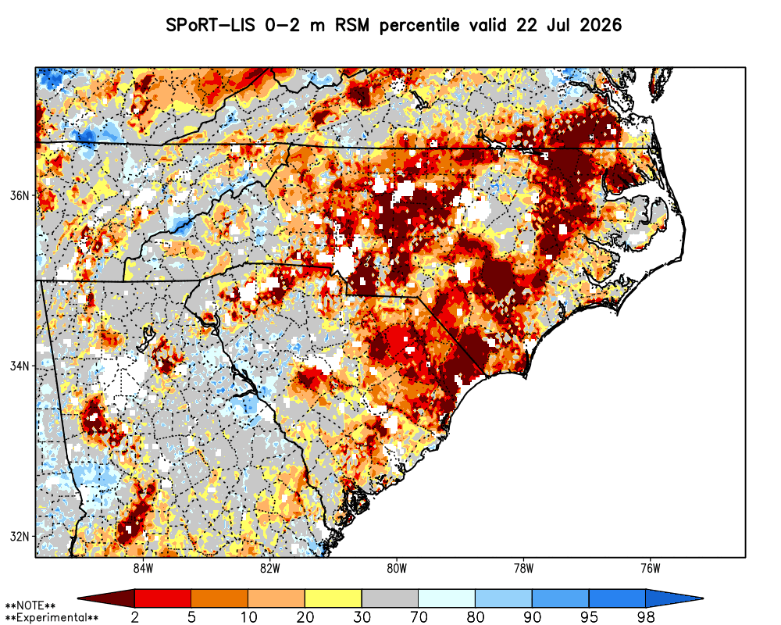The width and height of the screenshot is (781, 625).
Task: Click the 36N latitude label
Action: (x=20, y=195)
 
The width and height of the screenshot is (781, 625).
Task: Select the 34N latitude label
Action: (x=20, y=366)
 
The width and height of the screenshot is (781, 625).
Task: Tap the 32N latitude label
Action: (x=20, y=537)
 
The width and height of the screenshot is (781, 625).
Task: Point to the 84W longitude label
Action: (x=143, y=569)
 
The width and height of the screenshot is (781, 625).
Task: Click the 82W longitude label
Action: (x=270, y=569)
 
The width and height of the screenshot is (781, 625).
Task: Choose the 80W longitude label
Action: (x=397, y=569)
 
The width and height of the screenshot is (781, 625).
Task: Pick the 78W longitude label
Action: (x=523, y=569)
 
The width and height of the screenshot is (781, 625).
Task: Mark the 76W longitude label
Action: (x=651, y=569)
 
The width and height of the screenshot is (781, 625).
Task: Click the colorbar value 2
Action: (x=134, y=617)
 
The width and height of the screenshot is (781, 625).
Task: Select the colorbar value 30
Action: (x=362, y=617)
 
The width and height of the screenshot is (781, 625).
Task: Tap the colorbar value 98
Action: (x=646, y=617)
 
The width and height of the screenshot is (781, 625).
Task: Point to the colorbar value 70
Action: (x=419, y=617)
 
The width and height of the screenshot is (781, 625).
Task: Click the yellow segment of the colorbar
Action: (x=333, y=598)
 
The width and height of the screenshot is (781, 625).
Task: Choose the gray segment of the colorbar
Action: (x=390, y=598)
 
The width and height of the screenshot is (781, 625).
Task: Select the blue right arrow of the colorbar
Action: (x=672, y=598)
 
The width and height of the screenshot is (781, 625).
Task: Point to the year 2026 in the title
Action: (x=601, y=25)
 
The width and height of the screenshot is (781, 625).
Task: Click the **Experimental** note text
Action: (x=52, y=618)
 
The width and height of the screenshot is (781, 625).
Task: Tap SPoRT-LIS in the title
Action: (x=211, y=25)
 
